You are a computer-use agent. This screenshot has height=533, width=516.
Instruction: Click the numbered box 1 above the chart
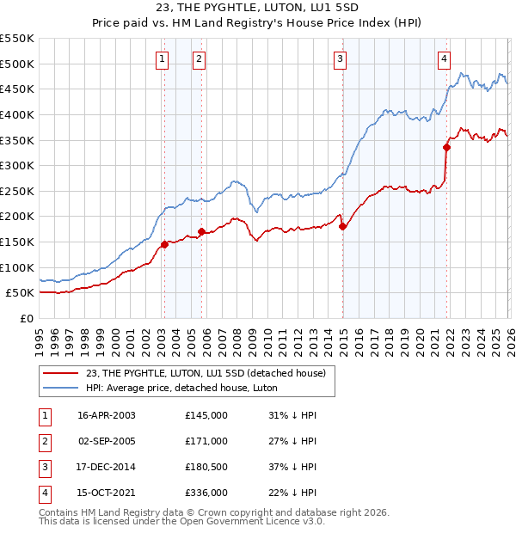(x=163, y=59)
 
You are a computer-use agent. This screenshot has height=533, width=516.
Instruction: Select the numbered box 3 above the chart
(x=341, y=59)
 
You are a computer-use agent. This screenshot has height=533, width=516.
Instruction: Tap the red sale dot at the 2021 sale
(x=447, y=147)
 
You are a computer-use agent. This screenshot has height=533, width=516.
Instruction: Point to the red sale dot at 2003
(x=164, y=244)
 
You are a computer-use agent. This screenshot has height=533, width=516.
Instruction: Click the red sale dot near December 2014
(x=342, y=226)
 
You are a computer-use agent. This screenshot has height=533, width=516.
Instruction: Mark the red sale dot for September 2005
(x=201, y=231)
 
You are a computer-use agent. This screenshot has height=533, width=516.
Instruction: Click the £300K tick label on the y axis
(x=17, y=165)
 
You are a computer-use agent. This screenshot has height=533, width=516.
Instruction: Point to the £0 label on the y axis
(x=26, y=318)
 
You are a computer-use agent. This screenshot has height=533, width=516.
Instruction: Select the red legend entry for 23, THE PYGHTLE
(x=206, y=373)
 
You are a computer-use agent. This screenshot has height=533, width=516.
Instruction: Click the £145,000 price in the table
(x=206, y=414)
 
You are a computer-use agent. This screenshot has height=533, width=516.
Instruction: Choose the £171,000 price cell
(x=206, y=440)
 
